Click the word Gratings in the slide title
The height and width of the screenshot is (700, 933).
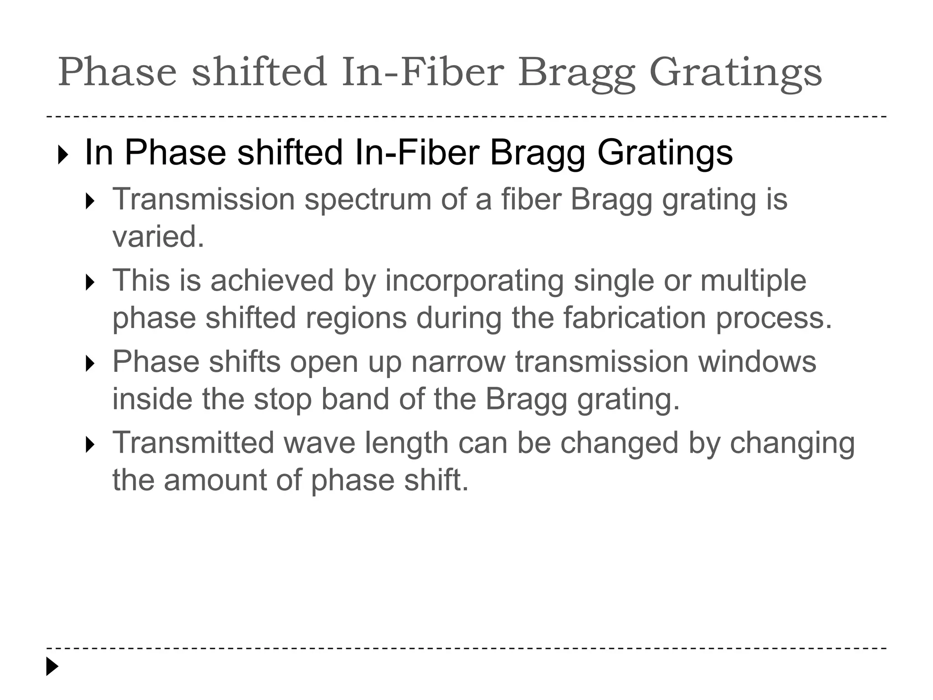735,73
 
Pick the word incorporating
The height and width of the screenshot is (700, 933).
474,281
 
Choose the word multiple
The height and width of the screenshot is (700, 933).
753,281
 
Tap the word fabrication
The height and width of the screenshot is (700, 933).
635,318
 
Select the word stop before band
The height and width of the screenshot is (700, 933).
282,399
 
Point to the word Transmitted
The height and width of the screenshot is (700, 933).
193,443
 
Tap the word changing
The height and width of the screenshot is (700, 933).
792,444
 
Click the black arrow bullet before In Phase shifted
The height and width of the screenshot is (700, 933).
63,155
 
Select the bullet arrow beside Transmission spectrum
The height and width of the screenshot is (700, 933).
90,201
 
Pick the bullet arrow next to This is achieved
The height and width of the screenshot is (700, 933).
90,283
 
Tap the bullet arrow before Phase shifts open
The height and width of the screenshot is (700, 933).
90,364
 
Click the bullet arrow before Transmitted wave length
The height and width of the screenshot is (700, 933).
90,445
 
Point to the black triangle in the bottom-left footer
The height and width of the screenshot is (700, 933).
52,666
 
